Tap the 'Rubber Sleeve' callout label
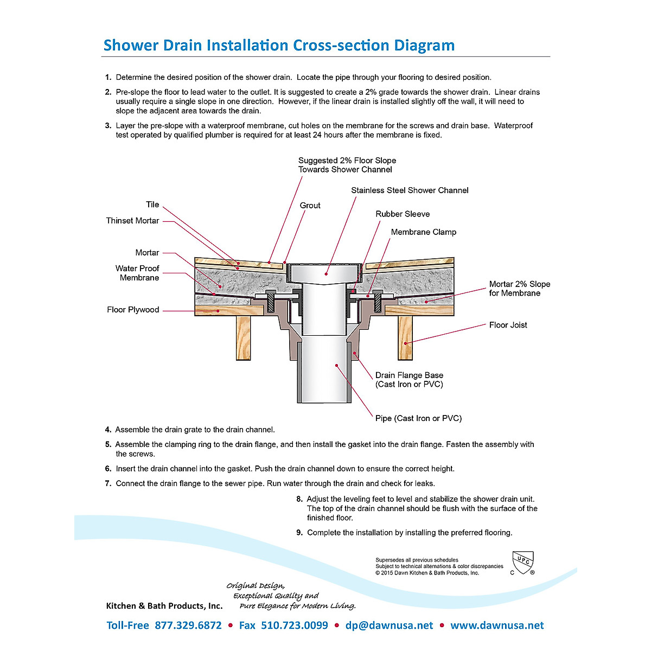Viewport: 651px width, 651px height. click(403, 214)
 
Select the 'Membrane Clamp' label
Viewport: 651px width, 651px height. click(424, 232)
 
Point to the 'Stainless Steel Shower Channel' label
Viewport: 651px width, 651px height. click(410, 190)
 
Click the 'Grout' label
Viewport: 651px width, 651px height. click(310, 206)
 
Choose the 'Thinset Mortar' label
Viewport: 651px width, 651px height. click(132, 221)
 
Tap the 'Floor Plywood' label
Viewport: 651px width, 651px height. click(133, 310)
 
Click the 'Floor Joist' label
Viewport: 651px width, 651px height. click(508, 325)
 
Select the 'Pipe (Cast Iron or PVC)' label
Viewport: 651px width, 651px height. click(418, 418)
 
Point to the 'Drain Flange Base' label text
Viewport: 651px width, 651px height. click(409, 375)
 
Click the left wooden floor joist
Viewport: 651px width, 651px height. click(243, 337)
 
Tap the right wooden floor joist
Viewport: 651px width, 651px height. click(405, 337)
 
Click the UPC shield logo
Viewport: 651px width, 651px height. click(523, 563)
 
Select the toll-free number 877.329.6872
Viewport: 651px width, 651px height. click(188, 625)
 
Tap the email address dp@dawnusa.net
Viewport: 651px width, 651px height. click(389, 625)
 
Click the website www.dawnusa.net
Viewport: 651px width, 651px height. click(497, 625)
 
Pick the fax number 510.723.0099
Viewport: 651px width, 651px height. click(295, 625)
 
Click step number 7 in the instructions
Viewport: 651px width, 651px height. click(108, 483)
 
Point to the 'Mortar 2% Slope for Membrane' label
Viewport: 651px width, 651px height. click(519, 289)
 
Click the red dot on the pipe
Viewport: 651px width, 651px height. click(337, 365)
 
